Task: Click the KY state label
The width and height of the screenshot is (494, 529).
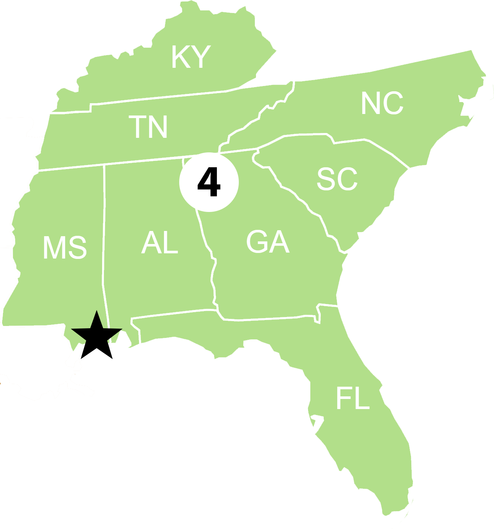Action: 191,57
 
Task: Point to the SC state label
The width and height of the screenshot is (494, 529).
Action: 337,179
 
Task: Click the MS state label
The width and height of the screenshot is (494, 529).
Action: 65,248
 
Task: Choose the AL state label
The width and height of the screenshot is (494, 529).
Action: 159,243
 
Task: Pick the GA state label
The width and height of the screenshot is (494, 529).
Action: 267,242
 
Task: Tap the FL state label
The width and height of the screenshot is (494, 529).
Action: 352,398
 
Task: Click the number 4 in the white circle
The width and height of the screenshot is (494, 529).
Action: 209,182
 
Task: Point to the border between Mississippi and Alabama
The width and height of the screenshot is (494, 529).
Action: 104,242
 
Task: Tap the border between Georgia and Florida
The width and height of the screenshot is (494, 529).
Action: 268,319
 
